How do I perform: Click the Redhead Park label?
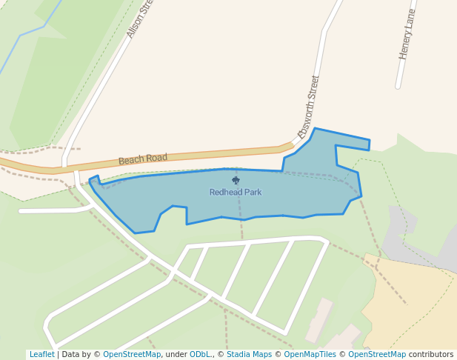coord(235,193)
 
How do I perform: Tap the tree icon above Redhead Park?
coord(236,180)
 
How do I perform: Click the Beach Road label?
coord(143,159)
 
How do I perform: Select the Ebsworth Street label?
coord(309,107)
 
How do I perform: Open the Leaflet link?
coord(41,355)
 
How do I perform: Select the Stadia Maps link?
coord(249,355)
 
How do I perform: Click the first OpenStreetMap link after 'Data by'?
coord(132,355)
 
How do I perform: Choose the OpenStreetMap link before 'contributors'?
coord(377,355)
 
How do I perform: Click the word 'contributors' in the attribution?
coord(431,355)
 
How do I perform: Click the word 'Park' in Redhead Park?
coord(252,193)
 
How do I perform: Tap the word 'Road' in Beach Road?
coord(156,158)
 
